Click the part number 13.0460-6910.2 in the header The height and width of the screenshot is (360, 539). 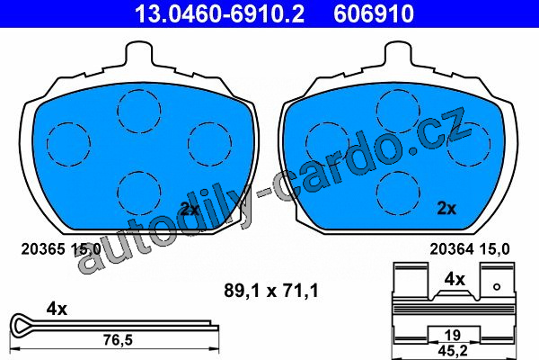tap(219, 13)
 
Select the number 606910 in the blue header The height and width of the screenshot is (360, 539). tap(374, 13)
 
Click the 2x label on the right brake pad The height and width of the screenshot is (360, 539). tap(446, 209)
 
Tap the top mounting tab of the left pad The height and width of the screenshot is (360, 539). tap(139, 53)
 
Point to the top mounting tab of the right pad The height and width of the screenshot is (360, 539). tap(398, 53)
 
